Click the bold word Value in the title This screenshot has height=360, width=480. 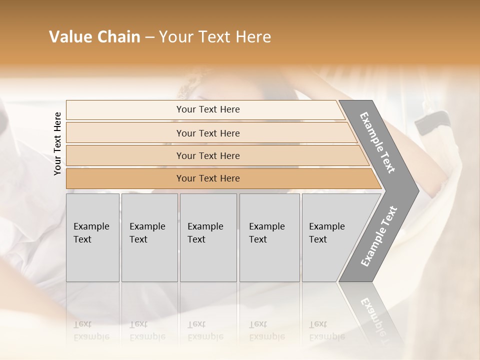(x=70, y=37)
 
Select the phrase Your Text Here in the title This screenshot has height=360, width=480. (x=215, y=37)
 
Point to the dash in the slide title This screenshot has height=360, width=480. (x=149, y=37)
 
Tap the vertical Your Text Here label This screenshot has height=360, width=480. (x=57, y=143)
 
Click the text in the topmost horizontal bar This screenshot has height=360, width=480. (x=208, y=109)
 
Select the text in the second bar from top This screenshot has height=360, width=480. (x=208, y=133)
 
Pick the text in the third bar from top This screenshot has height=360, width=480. (x=208, y=156)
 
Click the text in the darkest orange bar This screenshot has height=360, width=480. (x=208, y=178)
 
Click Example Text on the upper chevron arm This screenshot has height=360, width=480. (x=377, y=142)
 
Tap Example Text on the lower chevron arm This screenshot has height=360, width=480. (x=379, y=236)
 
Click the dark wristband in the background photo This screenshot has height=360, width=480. (x=432, y=122)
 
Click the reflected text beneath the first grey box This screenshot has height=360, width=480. (x=92, y=330)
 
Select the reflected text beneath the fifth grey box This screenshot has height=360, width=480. (x=327, y=330)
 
